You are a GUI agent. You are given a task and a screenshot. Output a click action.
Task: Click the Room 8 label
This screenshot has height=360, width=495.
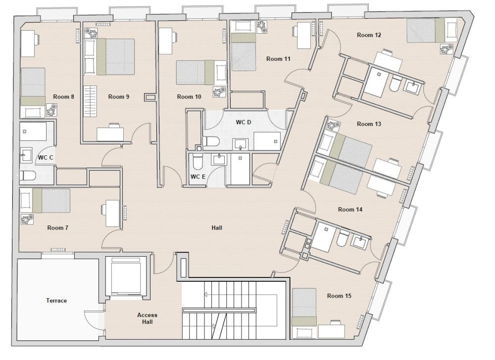(63, 97)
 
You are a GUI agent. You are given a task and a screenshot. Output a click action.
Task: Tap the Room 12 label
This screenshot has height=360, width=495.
(369, 35)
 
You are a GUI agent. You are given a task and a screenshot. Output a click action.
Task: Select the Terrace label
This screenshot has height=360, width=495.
(56, 301)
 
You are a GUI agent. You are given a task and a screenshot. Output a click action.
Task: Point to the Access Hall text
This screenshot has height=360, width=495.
(147, 318)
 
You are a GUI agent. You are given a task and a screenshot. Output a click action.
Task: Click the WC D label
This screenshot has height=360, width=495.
(244, 122)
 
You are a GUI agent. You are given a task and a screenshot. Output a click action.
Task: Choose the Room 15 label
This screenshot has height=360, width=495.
(339, 296)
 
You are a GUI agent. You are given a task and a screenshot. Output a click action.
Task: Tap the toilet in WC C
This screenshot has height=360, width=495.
(27, 176)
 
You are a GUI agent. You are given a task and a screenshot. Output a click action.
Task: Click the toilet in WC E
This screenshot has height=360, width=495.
(198, 161)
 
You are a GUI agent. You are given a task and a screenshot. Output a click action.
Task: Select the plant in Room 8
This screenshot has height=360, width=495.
(51, 110)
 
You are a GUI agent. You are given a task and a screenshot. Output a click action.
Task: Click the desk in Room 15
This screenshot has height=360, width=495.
(331, 331)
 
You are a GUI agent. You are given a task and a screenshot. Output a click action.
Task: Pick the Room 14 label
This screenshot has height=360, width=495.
(350, 209)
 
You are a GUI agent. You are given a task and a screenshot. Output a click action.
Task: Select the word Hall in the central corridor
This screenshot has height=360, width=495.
(217, 227)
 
